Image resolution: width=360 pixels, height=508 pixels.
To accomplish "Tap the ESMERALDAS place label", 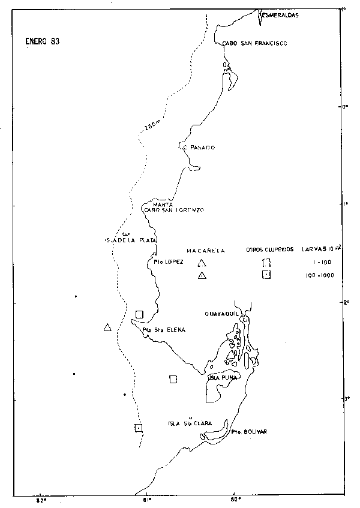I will click(280, 15).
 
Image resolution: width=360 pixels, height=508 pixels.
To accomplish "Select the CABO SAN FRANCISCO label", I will click(254, 43).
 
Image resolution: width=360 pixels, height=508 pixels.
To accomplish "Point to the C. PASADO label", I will click(198, 148).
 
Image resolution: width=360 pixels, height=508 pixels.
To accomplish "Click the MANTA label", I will click(163, 204).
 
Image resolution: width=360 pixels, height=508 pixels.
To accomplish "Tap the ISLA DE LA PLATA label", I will click(131, 241).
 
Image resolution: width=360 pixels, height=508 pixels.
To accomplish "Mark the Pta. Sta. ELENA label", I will click(164, 330).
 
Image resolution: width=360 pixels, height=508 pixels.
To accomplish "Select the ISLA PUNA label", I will click(223, 378).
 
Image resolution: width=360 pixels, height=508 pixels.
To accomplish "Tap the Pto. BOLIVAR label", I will click(248, 431).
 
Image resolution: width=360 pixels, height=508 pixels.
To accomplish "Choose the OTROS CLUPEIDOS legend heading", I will click(270, 250).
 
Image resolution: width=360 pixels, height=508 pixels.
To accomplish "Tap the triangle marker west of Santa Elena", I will click(107, 327).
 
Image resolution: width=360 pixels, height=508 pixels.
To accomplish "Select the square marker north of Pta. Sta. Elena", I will click(140, 314).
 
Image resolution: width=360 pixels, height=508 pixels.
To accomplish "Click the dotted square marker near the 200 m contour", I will click(139, 428).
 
